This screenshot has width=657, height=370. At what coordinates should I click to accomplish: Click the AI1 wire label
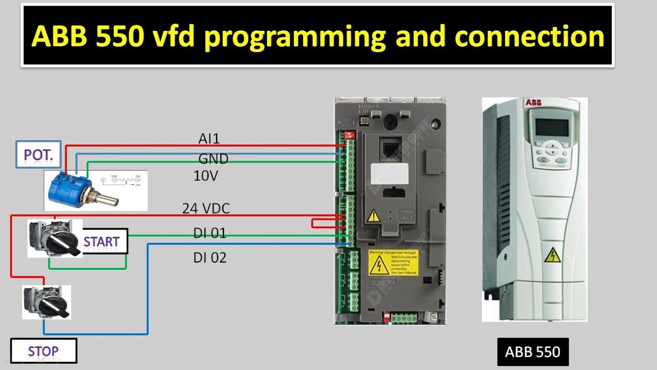click(209, 139)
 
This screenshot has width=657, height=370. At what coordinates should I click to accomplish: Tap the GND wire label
click(213, 159)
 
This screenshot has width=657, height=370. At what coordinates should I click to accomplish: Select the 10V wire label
click(206, 176)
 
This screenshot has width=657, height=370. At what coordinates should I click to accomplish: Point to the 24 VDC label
click(206, 209)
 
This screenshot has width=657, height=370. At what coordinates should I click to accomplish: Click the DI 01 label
click(209, 233)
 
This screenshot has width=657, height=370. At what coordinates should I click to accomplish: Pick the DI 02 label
click(209, 258)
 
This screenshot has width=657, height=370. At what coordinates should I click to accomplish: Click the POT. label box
click(38, 154)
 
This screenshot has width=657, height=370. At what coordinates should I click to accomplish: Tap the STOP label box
click(44, 351)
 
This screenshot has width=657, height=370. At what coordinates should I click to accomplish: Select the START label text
click(102, 242)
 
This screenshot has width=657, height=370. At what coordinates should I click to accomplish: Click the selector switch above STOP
click(47, 303)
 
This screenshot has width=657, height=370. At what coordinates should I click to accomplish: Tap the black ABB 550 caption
click(532, 352)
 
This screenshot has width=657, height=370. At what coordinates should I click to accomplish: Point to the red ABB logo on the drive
click(534, 103)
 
